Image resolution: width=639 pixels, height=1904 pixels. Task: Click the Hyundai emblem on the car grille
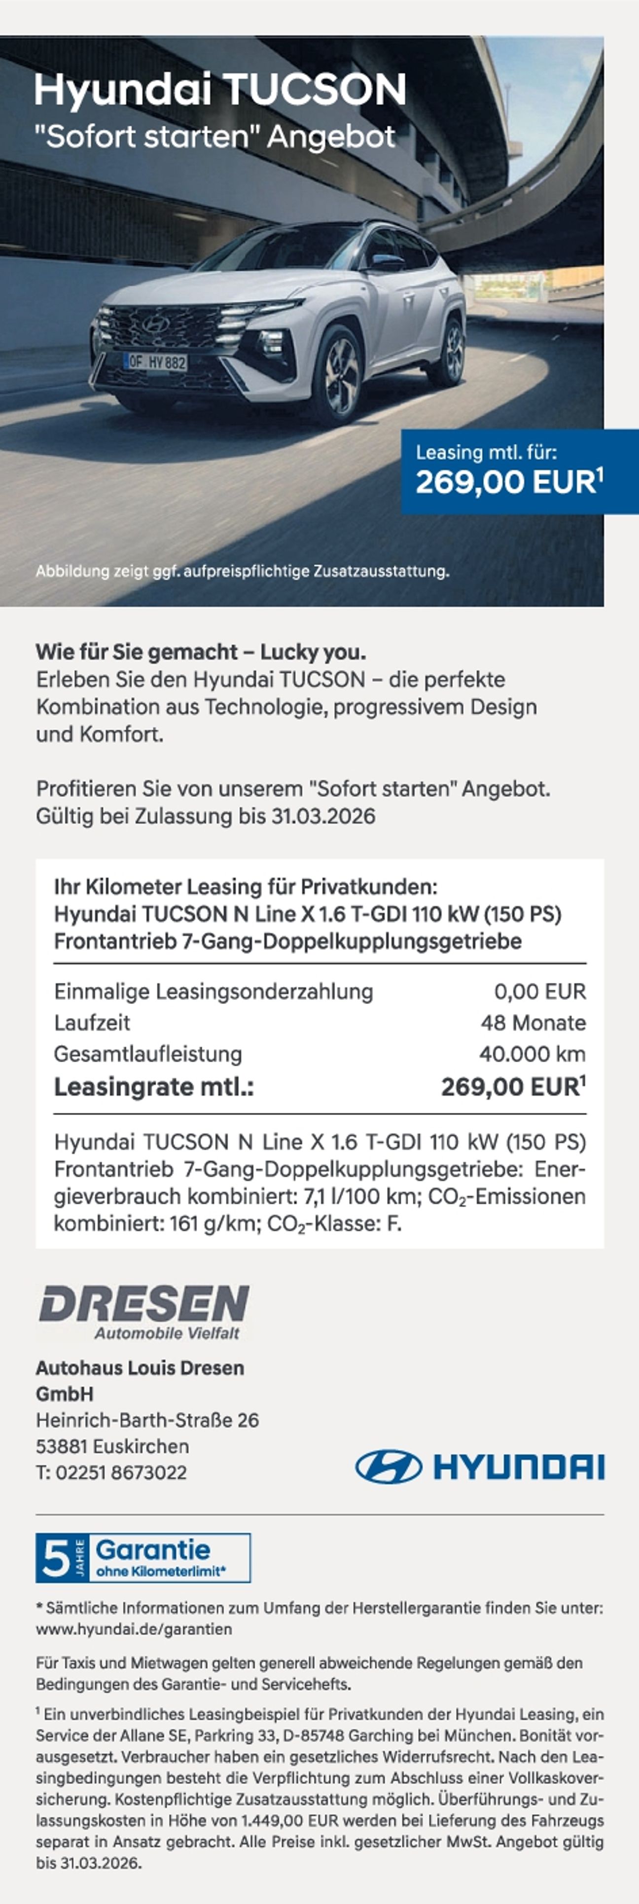coord(156,323)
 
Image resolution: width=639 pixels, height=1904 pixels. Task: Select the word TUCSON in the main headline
coord(315,89)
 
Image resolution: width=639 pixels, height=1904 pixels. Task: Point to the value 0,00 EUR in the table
coord(539,992)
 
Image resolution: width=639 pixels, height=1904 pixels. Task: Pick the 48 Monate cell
coord(532,1023)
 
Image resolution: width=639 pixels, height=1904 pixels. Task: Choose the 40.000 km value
coord(532,1054)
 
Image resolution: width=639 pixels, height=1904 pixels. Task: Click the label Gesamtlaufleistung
coord(148,1054)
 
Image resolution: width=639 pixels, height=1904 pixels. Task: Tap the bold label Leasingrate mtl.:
coord(154,1087)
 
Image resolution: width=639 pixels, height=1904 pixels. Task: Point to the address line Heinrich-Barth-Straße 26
coord(147,1420)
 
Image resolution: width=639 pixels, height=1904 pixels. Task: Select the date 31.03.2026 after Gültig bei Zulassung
coord(323,817)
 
